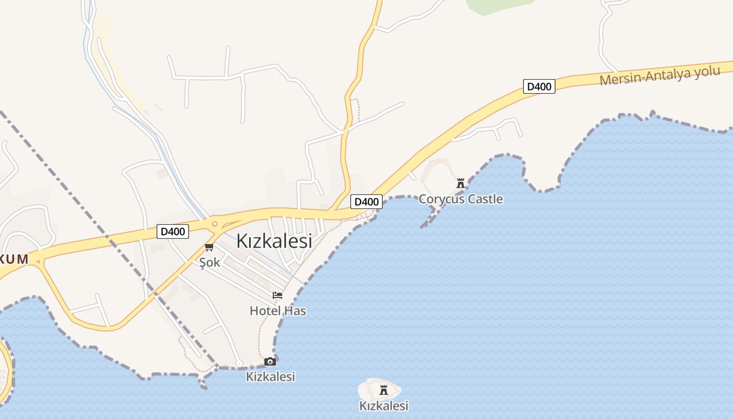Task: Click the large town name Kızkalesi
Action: pos(274,241)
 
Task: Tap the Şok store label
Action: pos(209,262)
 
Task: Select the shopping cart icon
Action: pos(209,247)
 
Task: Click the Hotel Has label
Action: pos(277,311)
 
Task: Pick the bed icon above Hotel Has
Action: pos(277,296)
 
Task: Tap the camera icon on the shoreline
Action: pos(270,361)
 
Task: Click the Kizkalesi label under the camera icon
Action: pos(270,376)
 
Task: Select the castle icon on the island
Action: pos(383,390)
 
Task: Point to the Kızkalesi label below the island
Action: pos(383,405)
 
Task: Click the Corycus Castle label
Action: pos(460,199)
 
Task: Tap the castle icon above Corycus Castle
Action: pos(461,183)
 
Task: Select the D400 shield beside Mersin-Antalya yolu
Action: pos(539,86)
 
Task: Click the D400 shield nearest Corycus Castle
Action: pos(366,202)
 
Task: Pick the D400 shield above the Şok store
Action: pos(173,231)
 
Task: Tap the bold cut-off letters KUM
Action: pos(14,259)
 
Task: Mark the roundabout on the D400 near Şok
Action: pos(214,224)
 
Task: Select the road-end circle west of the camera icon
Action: pos(239,363)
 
